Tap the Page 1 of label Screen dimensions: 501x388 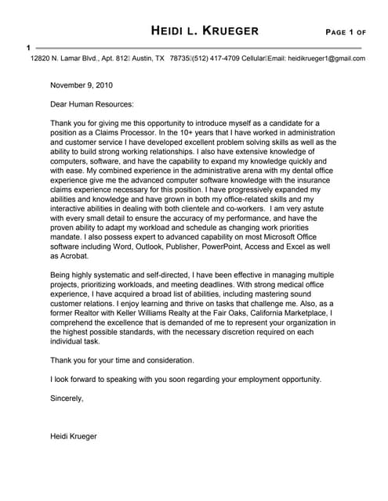click(346, 32)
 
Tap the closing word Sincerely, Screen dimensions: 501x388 click(67, 398)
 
